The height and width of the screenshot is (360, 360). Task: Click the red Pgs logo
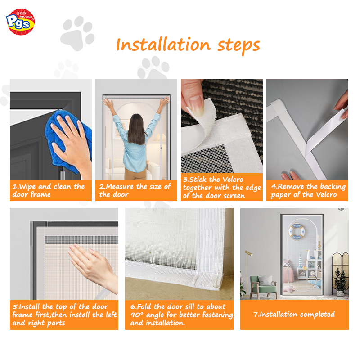(x=20, y=22)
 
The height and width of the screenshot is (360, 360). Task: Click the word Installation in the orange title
(x=163, y=45)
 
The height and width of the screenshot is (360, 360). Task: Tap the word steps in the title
(x=238, y=46)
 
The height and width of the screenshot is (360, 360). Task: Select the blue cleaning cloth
(x=67, y=140)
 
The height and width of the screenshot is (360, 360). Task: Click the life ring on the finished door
(x=297, y=231)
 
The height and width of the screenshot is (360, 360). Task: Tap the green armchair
(x=264, y=286)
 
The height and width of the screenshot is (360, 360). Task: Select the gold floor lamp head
(x=248, y=253)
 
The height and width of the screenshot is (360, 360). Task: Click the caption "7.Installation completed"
(x=294, y=314)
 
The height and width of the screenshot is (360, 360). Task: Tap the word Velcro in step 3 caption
(x=233, y=179)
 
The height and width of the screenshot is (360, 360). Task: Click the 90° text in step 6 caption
(x=137, y=314)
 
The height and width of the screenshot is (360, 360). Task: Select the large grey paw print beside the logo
(x=77, y=33)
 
